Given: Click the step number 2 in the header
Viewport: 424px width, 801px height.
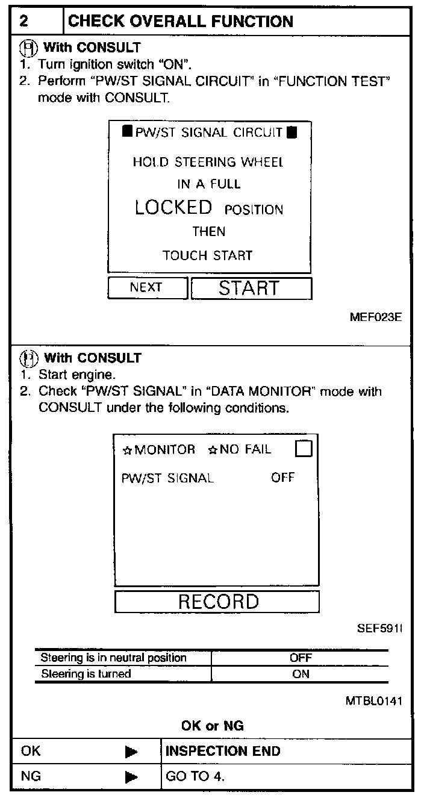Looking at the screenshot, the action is click(23, 22).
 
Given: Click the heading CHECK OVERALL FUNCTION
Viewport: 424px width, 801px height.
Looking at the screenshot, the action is click(181, 22).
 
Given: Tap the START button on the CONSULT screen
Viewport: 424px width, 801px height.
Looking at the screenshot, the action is click(251, 288).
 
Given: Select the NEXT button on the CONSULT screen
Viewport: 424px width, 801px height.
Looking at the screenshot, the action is click(146, 288).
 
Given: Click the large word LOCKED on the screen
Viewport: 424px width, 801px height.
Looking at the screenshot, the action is click(173, 208).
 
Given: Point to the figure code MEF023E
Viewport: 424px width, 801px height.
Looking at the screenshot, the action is click(375, 317).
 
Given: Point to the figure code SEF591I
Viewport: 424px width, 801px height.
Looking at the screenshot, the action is click(379, 629).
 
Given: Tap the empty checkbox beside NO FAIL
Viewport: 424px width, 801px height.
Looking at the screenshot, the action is click(304, 449).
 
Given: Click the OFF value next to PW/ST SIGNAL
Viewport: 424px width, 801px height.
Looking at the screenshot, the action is click(282, 478).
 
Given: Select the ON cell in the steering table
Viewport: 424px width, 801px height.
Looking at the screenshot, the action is click(300, 675).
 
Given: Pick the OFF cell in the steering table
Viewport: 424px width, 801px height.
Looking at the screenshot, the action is click(300, 658).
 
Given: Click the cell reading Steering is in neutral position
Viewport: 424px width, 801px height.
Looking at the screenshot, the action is click(113, 658).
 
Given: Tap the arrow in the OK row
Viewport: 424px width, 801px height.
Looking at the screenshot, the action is click(131, 752).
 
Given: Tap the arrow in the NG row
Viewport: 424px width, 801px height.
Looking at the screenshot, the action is click(131, 777).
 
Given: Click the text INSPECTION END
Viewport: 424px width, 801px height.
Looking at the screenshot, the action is click(223, 752).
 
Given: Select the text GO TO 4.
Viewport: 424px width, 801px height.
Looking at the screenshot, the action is click(195, 777).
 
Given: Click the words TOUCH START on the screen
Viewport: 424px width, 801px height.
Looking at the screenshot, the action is click(207, 255).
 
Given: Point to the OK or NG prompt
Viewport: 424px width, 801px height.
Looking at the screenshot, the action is click(212, 726).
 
